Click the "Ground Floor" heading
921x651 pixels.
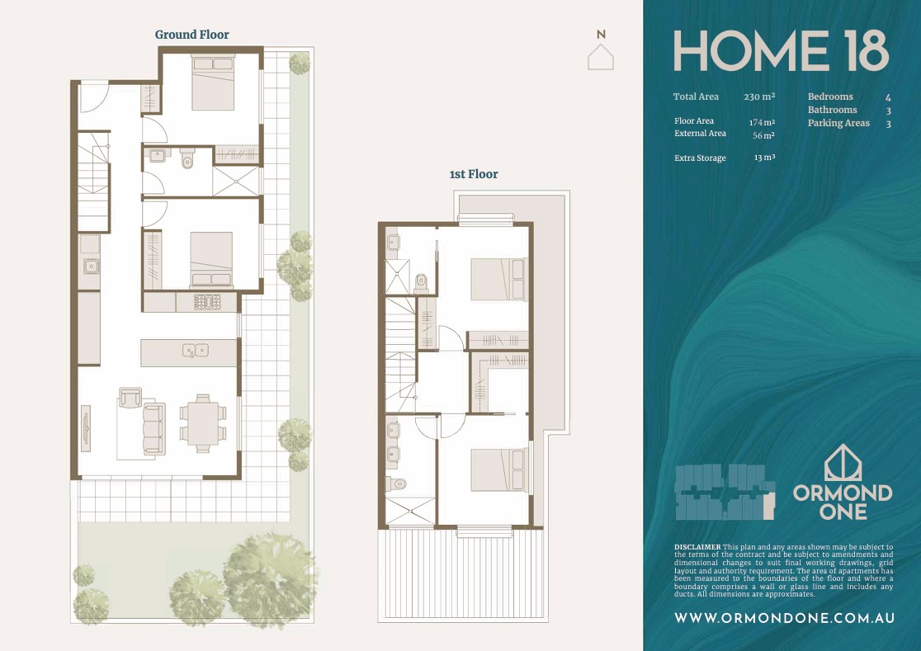click(192, 35)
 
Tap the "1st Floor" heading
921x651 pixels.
click(474, 174)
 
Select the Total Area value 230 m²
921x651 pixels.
click(759, 97)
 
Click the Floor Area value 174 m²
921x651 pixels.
click(762, 122)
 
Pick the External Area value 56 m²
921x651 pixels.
click(763, 135)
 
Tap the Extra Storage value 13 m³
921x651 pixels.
click(765, 158)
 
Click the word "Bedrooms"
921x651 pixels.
click(830, 97)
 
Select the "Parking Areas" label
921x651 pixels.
click(838, 123)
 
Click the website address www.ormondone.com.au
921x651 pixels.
click(784, 617)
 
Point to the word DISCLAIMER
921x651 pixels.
click(697, 547)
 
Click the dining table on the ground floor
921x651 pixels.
click(203, 422)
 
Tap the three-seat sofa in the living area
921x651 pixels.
click(154, 428)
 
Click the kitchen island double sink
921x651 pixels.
click(195, 351)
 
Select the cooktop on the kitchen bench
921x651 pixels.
click(207, 302)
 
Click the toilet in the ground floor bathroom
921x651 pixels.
click(187, 158)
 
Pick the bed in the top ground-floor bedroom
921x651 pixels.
click(213, 83)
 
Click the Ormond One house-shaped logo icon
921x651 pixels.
click(843, 463)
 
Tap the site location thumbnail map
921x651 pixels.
click(725, 492)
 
